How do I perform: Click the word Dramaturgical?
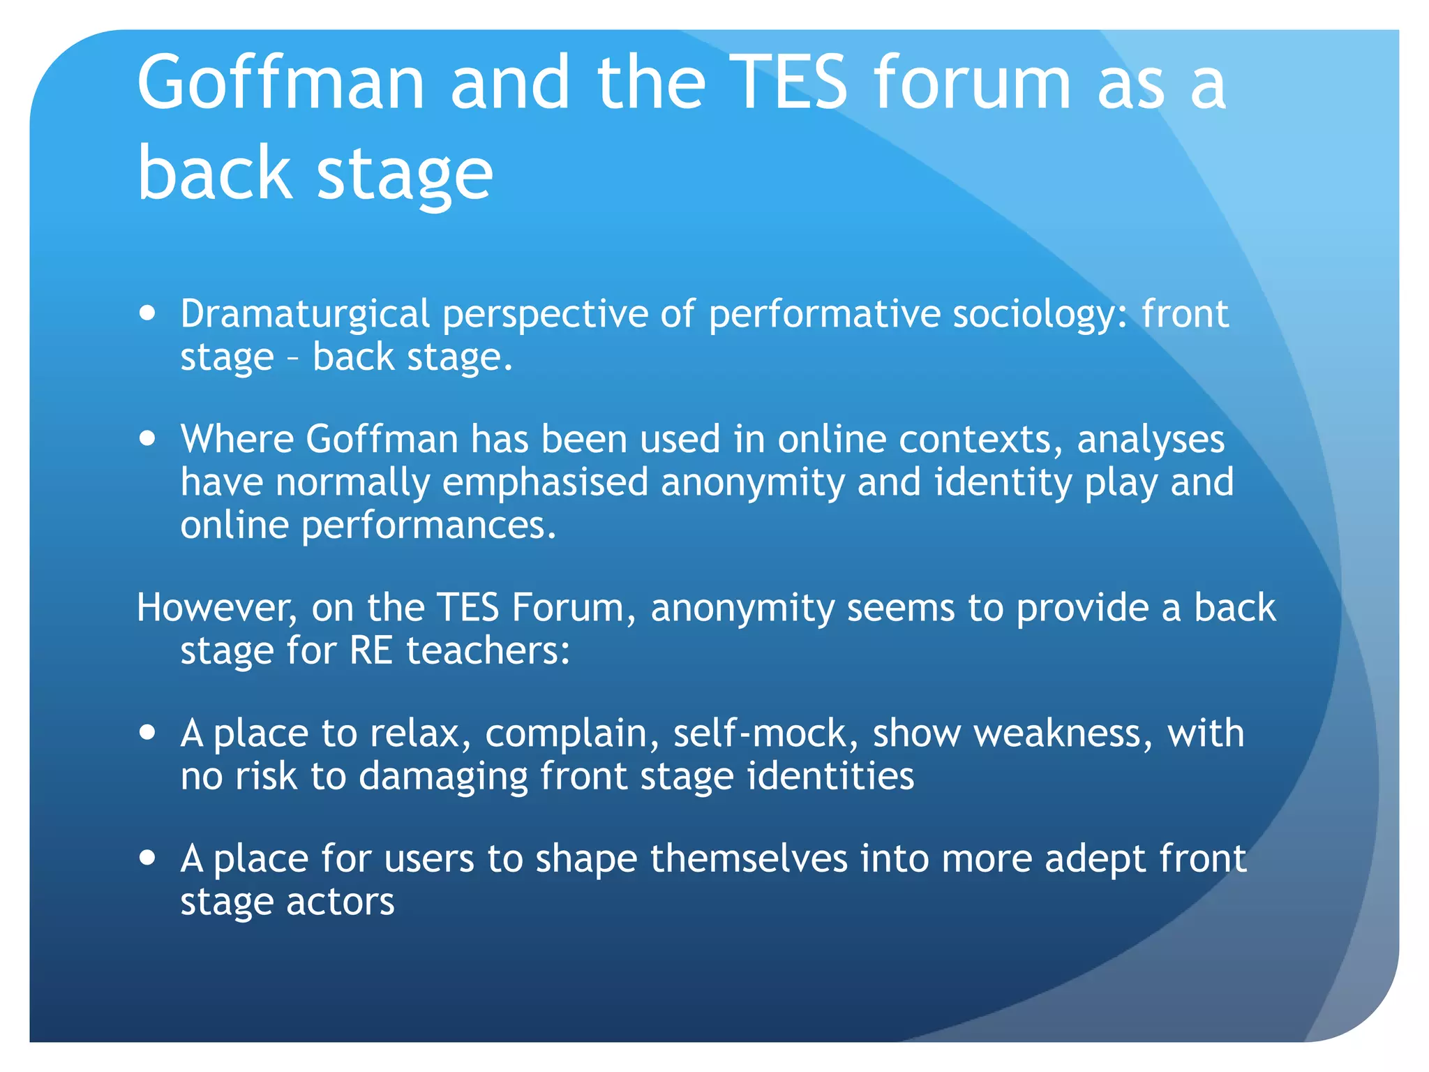tap(305, 315)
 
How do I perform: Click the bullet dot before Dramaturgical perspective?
tap(147, 313)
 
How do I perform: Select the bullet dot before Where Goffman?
tap(147, 439)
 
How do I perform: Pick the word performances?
tap(428, 525)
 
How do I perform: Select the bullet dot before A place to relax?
tap(147, 734)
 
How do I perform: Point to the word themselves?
tap(749, 858)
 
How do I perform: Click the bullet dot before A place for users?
tap(147, 858)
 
